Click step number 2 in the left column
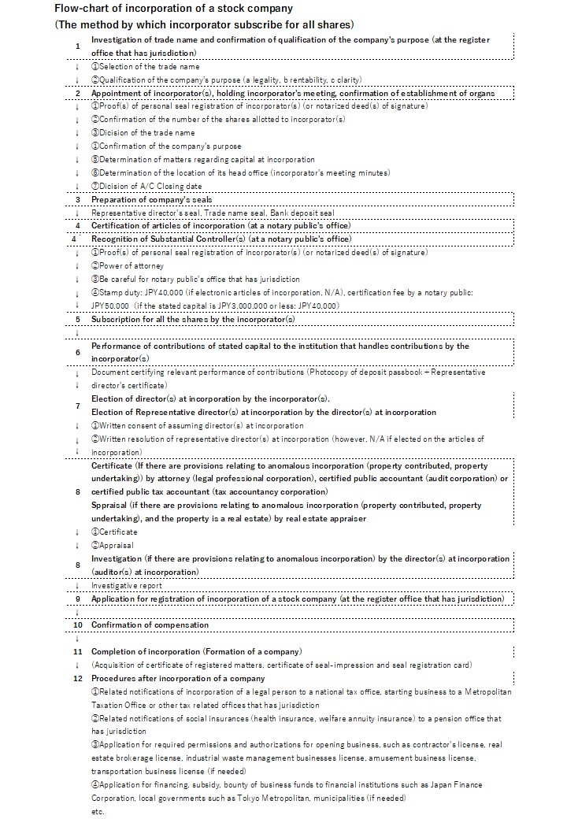pos(77,93)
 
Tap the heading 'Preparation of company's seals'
pos(151,200)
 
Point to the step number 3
pos(77,200)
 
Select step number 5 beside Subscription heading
pos(77,319)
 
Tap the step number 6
pos(77,352)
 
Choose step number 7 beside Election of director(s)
pos(77,406)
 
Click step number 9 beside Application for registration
pos(77,598)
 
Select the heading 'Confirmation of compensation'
pos(150,625)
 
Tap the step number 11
pos(77,652)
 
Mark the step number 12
pos(77,679)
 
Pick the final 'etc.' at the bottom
pos(98,812)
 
